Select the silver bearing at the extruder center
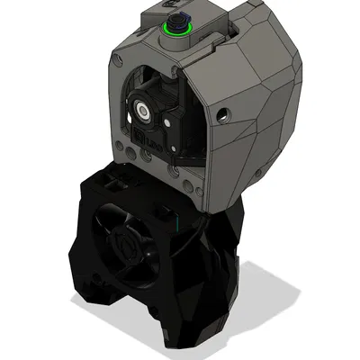point(144,110)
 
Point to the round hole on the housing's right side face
point(222,115)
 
